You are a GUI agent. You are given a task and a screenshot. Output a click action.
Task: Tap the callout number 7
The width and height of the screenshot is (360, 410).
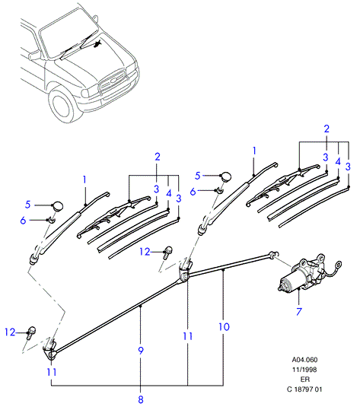point(299,311)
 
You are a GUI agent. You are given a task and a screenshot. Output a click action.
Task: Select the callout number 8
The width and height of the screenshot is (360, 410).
point(141,399)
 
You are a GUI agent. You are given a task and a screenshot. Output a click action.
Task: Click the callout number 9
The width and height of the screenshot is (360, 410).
point(141,351)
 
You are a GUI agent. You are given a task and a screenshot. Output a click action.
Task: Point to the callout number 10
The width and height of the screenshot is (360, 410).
point(224,327)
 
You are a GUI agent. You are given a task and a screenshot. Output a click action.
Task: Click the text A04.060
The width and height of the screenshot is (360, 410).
point(304,360)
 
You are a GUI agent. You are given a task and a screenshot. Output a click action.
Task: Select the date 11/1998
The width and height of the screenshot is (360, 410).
point(304,370)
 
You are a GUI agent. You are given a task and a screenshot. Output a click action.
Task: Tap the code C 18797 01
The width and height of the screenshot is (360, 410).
point(304,389)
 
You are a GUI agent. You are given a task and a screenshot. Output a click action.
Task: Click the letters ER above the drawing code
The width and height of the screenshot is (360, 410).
point(305,380)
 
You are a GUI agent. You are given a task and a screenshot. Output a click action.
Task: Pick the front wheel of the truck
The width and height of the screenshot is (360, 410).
point(62,105)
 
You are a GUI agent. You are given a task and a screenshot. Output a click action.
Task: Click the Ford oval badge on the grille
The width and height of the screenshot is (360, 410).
point(113,81)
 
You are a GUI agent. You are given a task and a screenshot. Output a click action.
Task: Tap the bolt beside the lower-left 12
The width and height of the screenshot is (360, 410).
point(31,332)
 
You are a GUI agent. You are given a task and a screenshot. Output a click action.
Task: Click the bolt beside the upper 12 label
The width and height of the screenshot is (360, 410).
point(167,253)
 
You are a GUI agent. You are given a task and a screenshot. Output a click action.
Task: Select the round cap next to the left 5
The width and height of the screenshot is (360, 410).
point(58,206)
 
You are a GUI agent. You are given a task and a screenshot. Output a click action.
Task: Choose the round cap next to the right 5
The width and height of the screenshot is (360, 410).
point(226,177)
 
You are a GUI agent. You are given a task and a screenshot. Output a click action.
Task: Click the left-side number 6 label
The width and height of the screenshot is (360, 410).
point(23,221)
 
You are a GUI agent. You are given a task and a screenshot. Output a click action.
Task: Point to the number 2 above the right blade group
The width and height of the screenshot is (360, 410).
point(327,129)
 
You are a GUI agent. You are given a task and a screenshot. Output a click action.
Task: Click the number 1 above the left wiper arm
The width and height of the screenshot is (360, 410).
point(84,180)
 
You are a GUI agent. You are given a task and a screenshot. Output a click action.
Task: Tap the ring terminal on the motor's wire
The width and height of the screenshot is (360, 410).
point(337,264)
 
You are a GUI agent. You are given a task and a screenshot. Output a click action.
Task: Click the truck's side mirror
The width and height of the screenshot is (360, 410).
point(34,55)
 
